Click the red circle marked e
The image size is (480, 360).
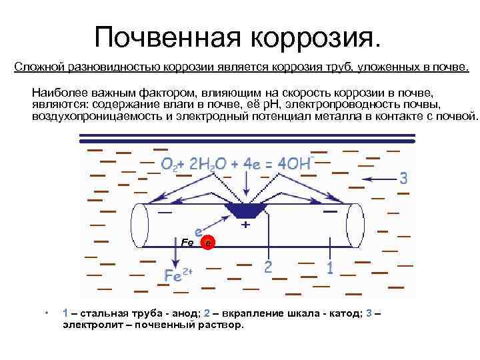[x=209, y=243]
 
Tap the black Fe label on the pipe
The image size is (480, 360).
[x=187, y=241]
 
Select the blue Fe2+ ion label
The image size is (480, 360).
[x=178, y=275]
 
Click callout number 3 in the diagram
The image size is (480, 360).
[x=403, y=178]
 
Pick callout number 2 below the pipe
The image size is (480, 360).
[x=267, y=267]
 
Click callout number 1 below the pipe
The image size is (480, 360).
[x=329, y=267]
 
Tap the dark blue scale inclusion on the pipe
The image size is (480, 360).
[x=245, y=210]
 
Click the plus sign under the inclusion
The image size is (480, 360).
[x=245, y=225]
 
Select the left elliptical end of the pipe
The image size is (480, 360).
[x=140, y=225]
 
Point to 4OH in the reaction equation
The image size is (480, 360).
[x=295, y=164]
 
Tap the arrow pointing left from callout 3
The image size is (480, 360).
[x=379, y=179]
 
